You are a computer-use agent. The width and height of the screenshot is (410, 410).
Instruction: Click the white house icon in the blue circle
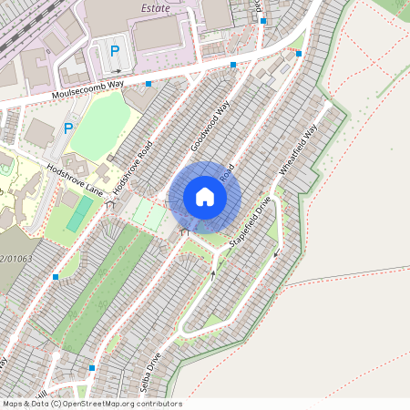[205, 197]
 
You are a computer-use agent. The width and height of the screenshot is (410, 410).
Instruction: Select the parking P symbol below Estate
[115, 52]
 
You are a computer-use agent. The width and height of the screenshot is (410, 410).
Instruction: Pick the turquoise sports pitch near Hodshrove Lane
[79, 213]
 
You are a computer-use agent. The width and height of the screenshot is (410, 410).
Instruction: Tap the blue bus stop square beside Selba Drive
[92, 368]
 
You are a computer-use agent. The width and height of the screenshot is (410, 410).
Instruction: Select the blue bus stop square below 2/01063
[56, 276]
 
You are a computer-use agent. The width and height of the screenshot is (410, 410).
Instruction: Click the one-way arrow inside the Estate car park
[116, 71]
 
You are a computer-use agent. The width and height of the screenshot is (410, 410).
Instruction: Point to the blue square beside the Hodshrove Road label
[148, 83]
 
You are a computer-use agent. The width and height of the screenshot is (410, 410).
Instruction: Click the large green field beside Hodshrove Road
[100, 126]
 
